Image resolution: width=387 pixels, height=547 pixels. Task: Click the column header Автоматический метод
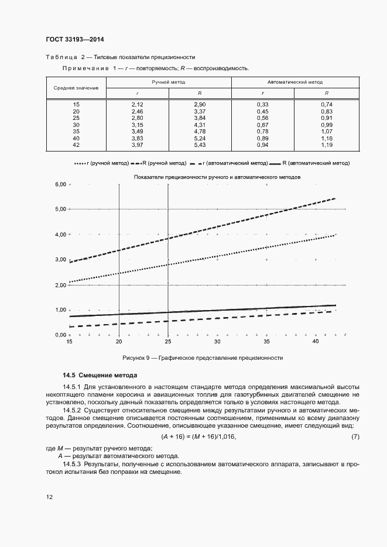tap(294, 82)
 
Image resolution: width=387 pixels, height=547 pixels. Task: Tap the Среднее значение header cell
tap(76, 88)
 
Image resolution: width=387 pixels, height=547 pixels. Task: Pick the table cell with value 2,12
tap(137, 104)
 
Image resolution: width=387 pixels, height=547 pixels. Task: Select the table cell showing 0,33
tap(262, 104)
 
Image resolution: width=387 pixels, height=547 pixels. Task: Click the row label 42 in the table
tap(76, 145)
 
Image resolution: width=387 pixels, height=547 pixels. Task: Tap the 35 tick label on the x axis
tap(266, 341)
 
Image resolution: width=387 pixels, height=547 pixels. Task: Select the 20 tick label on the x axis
tap(119, 341)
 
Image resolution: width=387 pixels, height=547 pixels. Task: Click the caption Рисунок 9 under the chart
tap(203, 357)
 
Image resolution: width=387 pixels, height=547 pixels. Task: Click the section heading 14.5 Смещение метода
tap(100, 374)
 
